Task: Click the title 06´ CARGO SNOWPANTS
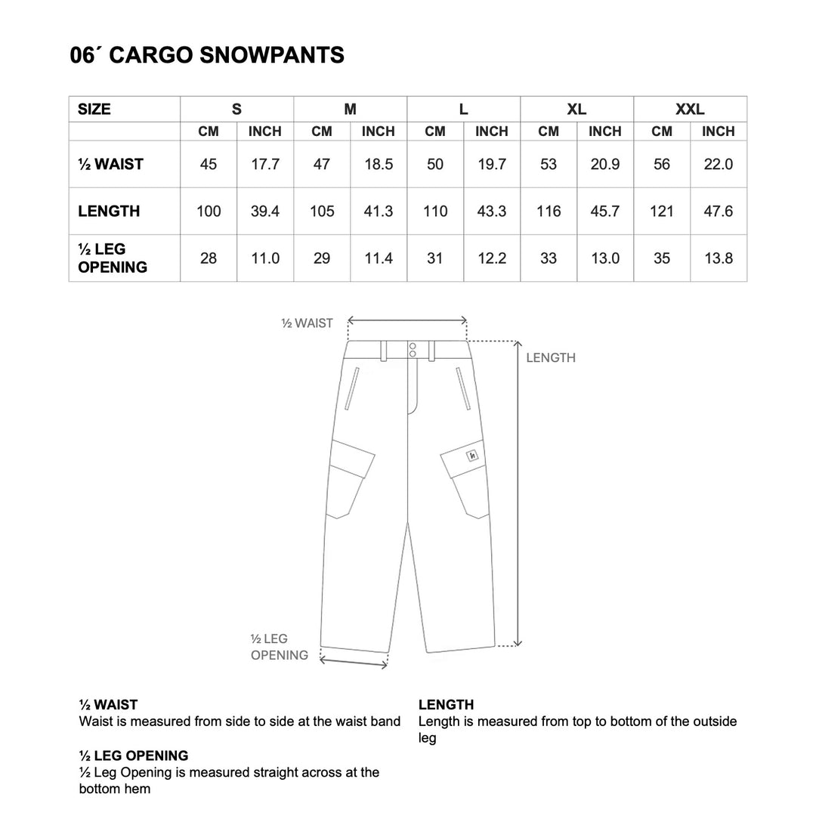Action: coord(207,55)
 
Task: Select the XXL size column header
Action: coord(690,109)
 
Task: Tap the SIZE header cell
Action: coord(94,109)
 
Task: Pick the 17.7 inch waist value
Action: coord(265,164)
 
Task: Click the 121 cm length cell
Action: coord(662,212)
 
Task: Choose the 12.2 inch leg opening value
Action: coord(492,258)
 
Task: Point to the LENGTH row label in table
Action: coord(109,212)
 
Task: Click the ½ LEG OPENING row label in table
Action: coord(113,258)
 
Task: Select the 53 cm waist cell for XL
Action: coord(549,164)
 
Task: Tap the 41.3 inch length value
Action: coord(379,212)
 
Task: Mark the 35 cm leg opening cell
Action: coord(662,258)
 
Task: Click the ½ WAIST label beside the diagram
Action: coord(307,323)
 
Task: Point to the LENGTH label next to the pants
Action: coord(551,358)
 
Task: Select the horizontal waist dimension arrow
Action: coord(407,320)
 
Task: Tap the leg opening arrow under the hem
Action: coord(354,663)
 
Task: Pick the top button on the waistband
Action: coord(413,346)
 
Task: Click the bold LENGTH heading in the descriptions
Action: coord(446,705)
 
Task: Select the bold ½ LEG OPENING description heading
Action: coord(134,756)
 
